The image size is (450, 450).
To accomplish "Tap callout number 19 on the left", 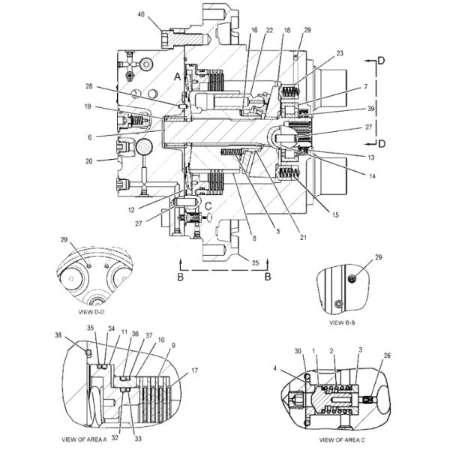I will point(88,107).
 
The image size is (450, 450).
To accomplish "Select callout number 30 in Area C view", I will point(298,351).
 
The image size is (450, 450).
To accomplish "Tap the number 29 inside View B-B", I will point(379,257).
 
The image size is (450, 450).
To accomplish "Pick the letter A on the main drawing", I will point(178,76).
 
